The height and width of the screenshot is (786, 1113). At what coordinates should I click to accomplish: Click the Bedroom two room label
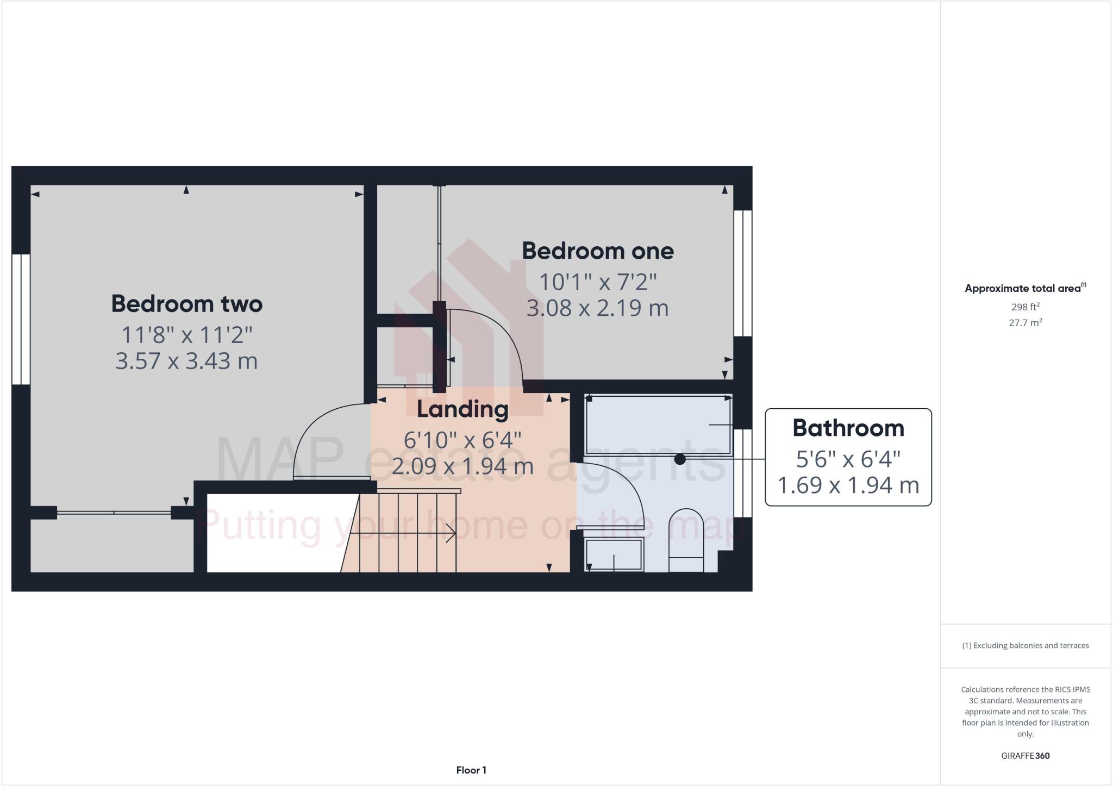coord(187,304)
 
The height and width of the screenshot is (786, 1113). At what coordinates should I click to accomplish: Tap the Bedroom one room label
coord(598,251)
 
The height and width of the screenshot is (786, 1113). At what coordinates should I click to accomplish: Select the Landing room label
coord(462,409)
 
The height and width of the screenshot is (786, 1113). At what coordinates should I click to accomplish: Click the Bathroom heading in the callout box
coord(848,428)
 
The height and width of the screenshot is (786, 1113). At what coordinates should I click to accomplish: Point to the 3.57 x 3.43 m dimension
coord(186,361)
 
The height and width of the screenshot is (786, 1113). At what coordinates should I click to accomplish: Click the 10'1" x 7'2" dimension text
coord(598,282)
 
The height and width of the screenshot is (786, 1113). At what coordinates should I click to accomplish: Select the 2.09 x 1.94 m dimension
coord(462,466)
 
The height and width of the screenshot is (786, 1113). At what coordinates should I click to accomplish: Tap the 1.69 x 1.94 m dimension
coord(848,485)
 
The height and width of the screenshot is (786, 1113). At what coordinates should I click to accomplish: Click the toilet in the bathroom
coord(686,541)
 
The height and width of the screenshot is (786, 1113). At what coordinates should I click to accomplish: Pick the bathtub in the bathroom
coord(658,425)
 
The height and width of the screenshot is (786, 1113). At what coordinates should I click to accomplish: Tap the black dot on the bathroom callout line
coord(680,459)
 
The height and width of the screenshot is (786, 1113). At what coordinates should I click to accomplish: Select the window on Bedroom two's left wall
coord(21,319)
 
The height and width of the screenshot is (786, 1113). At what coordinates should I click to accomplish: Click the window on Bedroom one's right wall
coord(743,273)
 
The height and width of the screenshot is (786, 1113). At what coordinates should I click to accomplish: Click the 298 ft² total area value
coord(1025,307)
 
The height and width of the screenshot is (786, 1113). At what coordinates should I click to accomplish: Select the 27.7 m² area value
coord(1025,323)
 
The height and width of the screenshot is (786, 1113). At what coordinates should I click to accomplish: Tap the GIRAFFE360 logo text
coord(1025,756)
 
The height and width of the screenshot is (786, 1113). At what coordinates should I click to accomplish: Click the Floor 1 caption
coord(471,770)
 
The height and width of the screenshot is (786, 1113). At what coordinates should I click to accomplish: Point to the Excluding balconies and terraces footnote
coord(1025,646)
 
